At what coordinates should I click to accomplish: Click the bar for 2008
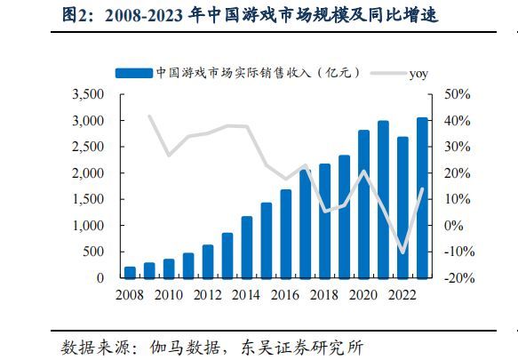(131, 272)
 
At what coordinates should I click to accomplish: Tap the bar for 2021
(383, 199)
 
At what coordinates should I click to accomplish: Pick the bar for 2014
(247, 247)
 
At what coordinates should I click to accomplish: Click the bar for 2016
(286, 234)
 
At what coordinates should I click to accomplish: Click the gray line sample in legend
(388, 74)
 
